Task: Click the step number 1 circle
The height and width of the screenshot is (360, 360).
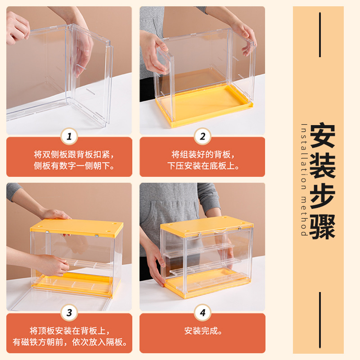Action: pos(69,136)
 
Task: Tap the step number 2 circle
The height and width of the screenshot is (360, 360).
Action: pos(202,136)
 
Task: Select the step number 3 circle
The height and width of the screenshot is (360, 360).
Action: pos(69,312)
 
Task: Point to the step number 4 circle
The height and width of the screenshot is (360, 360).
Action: pos(202,312)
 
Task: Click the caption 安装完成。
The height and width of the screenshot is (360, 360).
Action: pos(203,331)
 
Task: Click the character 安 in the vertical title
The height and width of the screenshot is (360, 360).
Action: pos(322,135)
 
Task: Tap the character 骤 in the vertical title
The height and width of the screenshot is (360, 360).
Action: pos(322,227)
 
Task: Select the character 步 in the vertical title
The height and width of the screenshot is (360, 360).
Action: pos(322,196)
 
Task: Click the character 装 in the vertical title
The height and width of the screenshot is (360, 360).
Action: pos(322,166)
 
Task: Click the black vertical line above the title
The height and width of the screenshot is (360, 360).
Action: pos(320,35)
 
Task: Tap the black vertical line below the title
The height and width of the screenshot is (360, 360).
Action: pos(320,320)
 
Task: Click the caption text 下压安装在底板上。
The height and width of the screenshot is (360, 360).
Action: pos(203,166)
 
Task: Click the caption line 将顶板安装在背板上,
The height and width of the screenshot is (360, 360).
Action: pos(70,331)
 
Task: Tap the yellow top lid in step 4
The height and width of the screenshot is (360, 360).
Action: pos(207,226)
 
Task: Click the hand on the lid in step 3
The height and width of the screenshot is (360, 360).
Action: pos(55,215)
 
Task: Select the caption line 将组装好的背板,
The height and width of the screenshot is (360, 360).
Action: pos(203,154)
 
